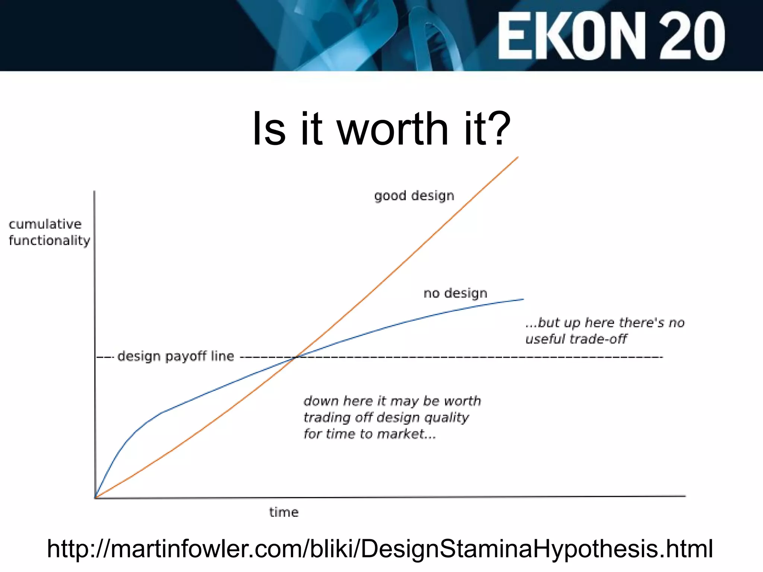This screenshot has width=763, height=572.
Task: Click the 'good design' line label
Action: [x=414, y=196]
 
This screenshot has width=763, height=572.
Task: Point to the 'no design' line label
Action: [x=455, y=293]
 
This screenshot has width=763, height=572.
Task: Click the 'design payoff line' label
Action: [x=175, y=356]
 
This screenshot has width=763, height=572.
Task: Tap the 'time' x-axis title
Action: [x=284, y=512]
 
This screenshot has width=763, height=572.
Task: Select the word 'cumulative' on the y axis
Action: [x=45, y=224]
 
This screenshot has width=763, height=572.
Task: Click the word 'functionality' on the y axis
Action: [x=49, y=241]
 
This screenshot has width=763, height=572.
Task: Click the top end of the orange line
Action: [x=518, y=158]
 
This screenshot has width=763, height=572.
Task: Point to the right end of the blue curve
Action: [x=523, y=299]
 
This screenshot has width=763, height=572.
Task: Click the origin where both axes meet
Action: [x=95, y=498]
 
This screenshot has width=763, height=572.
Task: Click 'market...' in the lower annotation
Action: [x=406, y=434]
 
